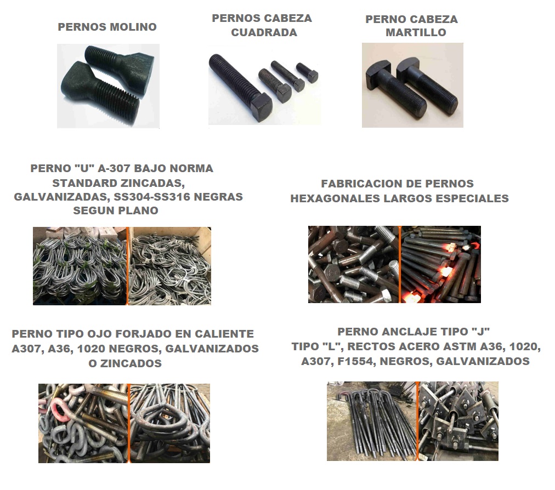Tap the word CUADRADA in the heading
(x=264, y=32)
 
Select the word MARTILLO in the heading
(x=416, y=32)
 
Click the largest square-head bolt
(x=241, y=88)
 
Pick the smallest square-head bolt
(x=307, y=73)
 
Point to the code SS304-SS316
(x=152, y=197)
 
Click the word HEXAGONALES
(x=336, y=198)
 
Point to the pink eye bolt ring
(x=60, y=411)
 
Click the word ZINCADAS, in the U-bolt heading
(x=118, y=183)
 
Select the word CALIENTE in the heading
(x=224, y=334)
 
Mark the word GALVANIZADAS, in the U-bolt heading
(x=62, y=197)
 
